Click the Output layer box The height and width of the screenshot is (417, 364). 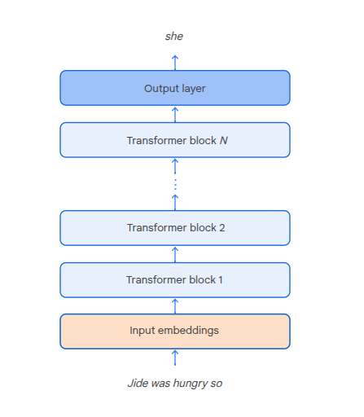[174, 88]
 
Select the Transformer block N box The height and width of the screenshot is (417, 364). [174, 140]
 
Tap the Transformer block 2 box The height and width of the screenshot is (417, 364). [174, 228]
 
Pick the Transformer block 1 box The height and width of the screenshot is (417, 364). [174, 280]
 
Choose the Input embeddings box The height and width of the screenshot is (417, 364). [174, 331]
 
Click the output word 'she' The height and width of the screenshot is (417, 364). [174, 37]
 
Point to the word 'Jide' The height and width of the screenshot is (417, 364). [138, 382]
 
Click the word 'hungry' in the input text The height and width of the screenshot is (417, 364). [190, 383]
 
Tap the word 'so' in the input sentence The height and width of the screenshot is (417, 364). [216, 382]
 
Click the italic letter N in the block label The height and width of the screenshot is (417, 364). [223, 140]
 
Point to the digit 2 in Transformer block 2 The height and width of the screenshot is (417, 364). [221, 228]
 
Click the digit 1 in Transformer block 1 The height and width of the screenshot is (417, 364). [220, 280]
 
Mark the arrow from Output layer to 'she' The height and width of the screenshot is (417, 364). [174, 62]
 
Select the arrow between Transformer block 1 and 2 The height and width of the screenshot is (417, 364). [174, 254]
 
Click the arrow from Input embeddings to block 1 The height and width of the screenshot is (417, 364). [174, 305]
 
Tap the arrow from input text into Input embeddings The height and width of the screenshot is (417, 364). [174, 358]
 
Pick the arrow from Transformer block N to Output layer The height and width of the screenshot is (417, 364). [174, 114]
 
